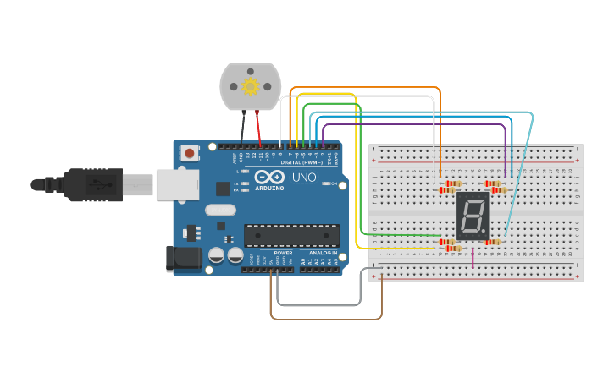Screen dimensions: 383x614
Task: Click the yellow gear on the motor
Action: point(250,86)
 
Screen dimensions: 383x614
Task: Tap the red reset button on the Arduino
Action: point(190,154)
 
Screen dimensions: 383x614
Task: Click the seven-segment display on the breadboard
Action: point(473,216)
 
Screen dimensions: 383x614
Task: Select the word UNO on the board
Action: point(304,178)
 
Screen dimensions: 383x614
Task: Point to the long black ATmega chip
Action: point(291,236)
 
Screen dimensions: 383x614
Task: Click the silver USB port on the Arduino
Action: point(177,184)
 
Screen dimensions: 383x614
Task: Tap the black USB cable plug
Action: point(93,184)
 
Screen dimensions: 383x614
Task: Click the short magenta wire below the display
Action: point(473,256)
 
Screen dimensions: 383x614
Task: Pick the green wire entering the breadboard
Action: point(398,235)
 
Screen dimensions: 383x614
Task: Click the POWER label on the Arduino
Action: point(283,253)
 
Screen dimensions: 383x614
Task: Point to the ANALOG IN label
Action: point(322,253)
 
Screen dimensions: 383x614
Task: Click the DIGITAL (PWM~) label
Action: point(301,162)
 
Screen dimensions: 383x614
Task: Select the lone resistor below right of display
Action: point(493,242)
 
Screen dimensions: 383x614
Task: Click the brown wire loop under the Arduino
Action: point(326,319)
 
